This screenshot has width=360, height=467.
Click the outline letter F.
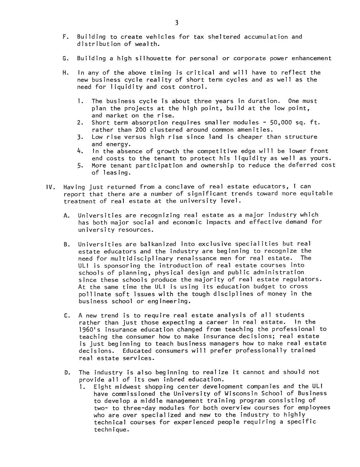tap(65, 37)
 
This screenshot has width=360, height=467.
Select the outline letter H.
tap(65, 72)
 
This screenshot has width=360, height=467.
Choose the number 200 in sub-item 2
tap(141, 130)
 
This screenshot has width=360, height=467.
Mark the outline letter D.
tap(66, 372)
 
